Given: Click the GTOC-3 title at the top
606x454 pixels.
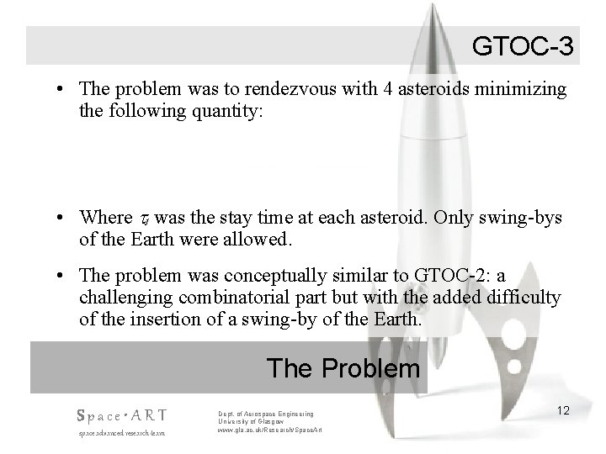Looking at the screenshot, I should click(x=523, y=45).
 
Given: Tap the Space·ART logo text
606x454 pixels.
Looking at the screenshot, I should click(x=121, y=414).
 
